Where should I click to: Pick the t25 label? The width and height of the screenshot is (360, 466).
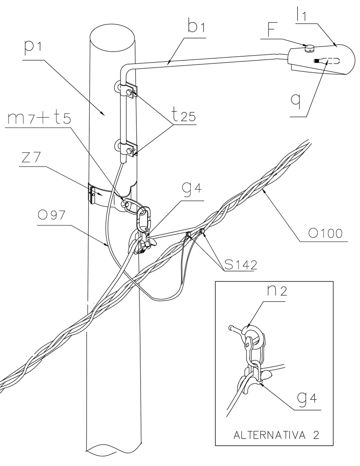click(x=181, y=116)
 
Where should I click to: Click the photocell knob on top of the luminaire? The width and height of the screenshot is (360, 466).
click(x=310, y=48)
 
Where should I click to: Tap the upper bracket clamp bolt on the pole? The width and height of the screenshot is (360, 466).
click(x=128, y=92)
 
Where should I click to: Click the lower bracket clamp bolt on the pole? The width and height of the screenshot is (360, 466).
click(x=128, y=149)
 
